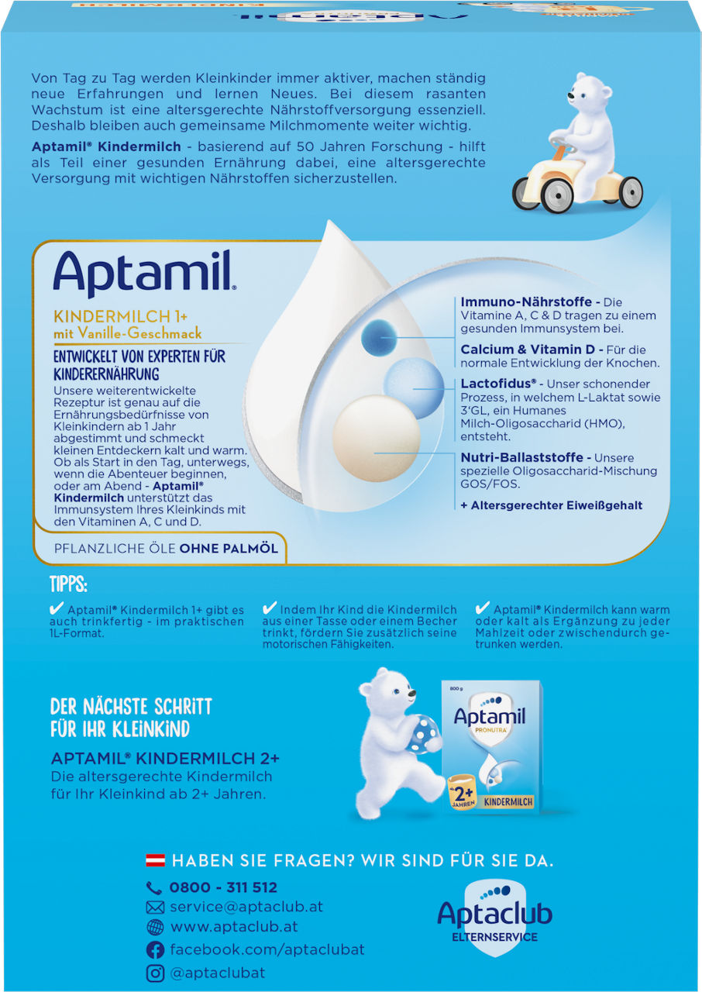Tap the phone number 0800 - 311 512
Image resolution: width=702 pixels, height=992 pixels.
(222, 887)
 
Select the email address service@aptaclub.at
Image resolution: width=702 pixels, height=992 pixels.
(246, 907)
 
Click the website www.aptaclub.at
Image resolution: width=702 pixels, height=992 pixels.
(233, 927)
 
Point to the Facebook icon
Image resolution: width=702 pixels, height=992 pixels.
(155, 949)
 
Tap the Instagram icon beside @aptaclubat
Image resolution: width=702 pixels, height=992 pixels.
(155, 973)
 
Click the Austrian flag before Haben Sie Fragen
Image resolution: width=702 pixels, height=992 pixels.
(155, 861)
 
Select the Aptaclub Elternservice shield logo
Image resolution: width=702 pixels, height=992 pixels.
(494, 916)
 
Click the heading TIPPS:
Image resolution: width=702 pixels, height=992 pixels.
(68, 584)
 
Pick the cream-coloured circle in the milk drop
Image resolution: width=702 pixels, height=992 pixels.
(376, 438)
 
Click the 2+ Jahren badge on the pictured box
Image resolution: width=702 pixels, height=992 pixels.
(463, 795)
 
